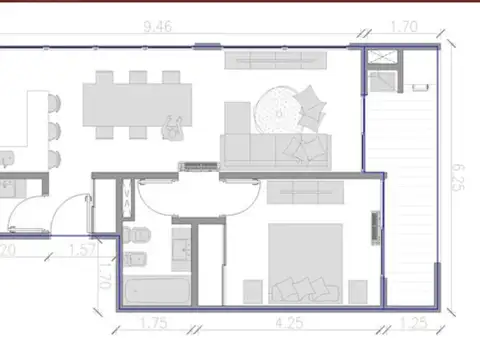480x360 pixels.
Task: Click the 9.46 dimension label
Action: click(158, 28)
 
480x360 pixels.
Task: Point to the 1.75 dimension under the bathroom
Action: click(151, 323)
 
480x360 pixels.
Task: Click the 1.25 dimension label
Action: click(410, 323)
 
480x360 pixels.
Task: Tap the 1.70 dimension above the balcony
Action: click(404, 28)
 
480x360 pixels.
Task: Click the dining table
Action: click(138, 103)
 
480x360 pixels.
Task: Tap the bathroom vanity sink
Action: click(182, 244)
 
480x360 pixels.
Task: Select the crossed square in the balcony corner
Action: click(381, 58)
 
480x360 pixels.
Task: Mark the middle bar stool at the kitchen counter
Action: click(54, 106)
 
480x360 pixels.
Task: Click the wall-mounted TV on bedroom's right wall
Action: click(377, 227)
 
